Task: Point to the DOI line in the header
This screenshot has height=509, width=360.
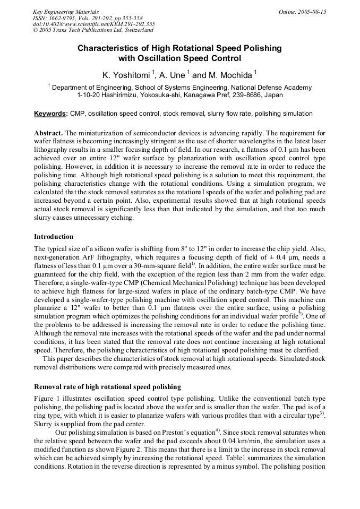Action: click(x=93, y=24)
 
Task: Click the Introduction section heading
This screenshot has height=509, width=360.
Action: click(x=54, y=236)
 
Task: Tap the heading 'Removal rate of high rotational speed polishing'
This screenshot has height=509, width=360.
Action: click(x=107, y=386)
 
